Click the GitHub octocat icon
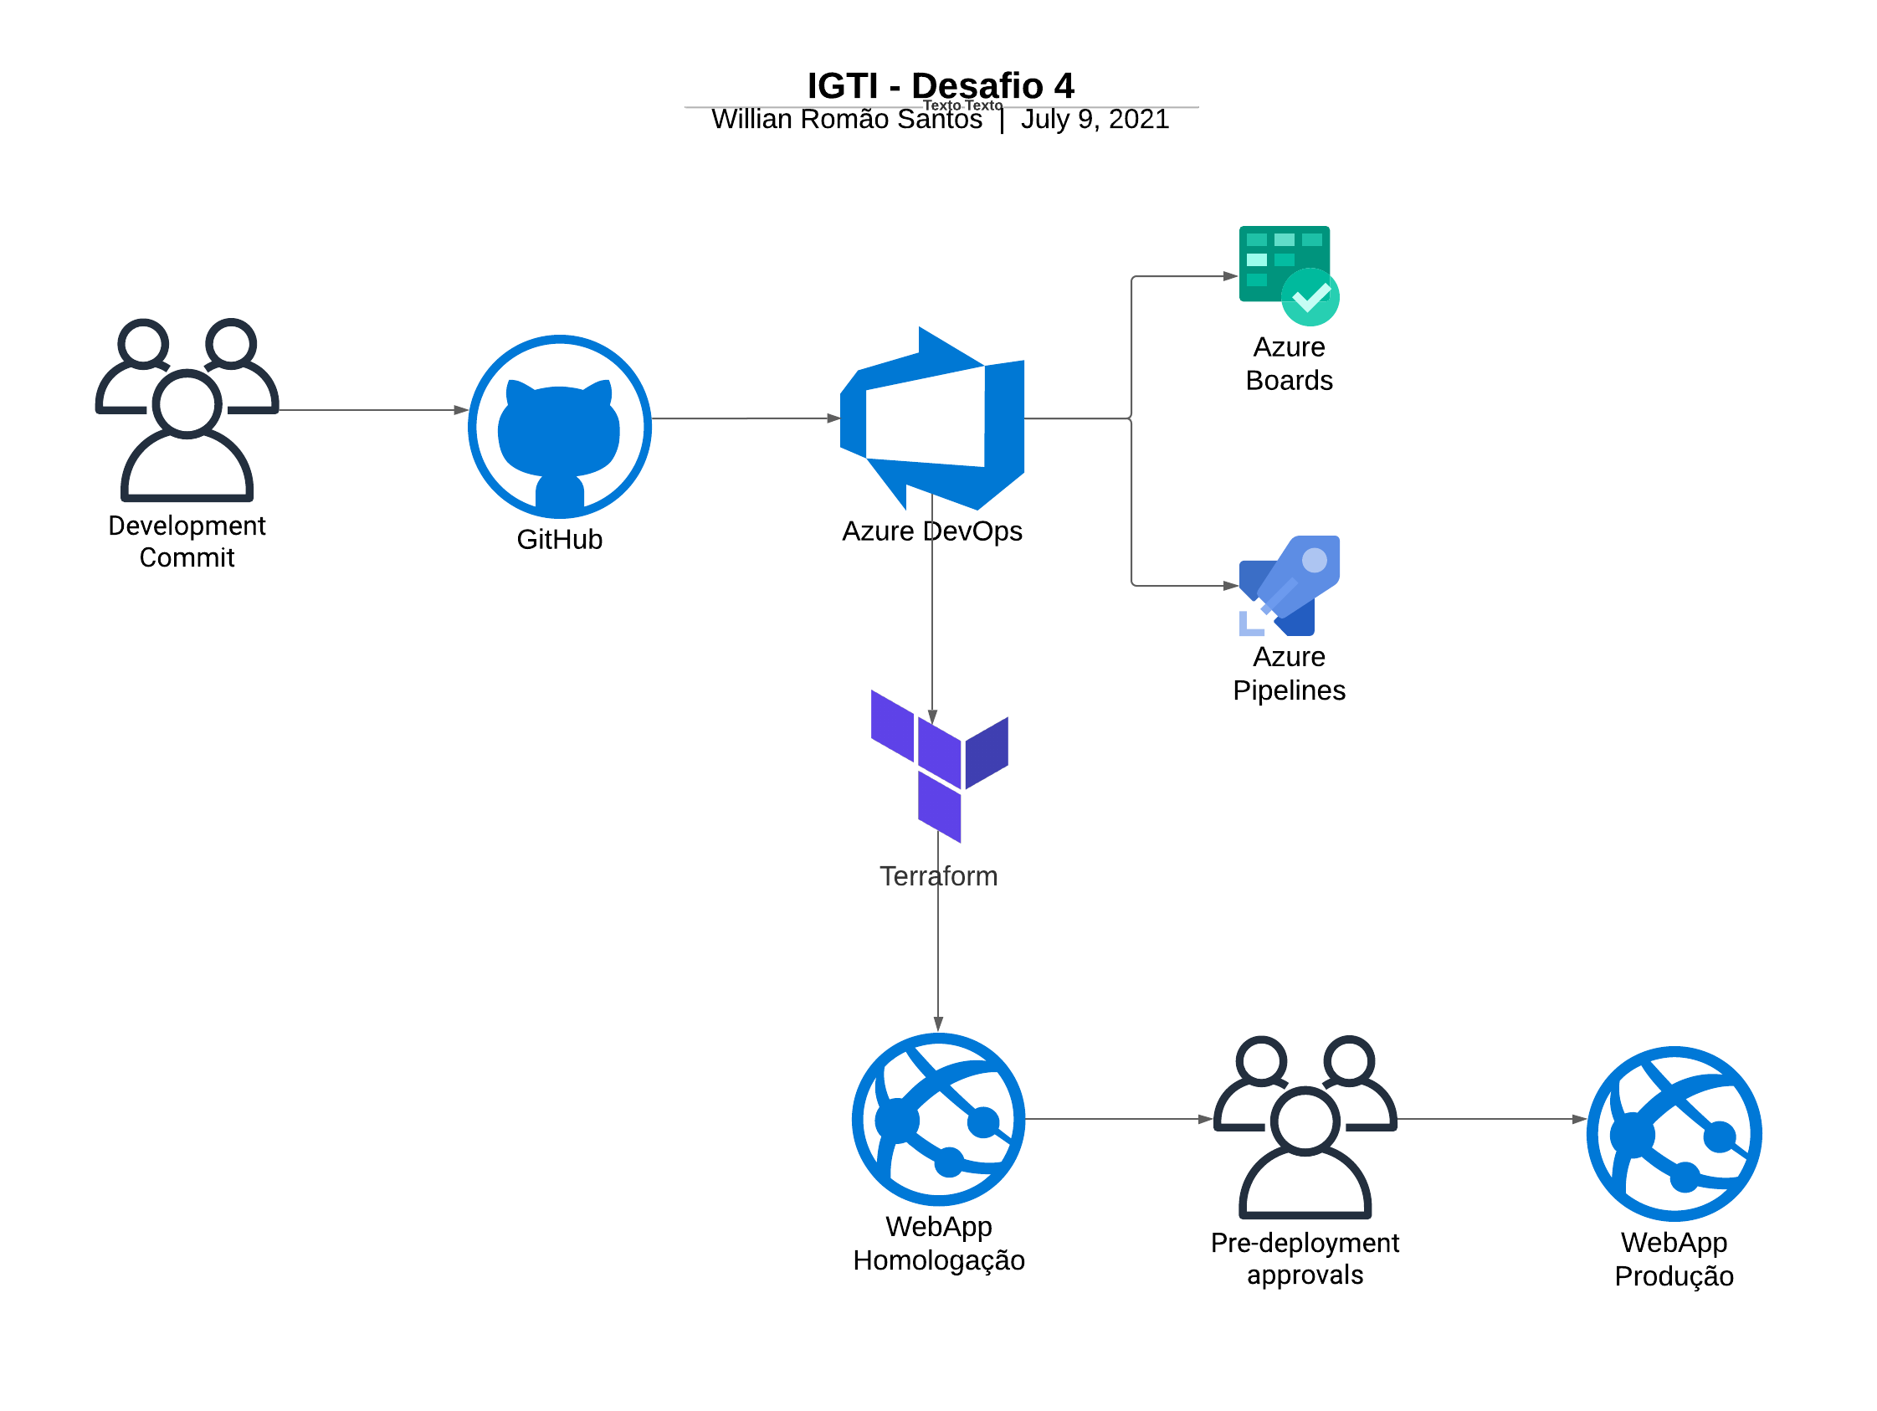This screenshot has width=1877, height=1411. tap(560, 427)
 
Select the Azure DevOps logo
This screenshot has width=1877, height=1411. tap(932, 419)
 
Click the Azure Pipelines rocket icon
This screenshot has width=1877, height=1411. tap(1290, 586)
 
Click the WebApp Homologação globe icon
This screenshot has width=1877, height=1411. tap(939, 1119)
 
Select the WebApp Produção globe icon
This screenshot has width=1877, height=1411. tap(1674, 1134)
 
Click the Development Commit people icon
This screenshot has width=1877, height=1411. tap(187, 411)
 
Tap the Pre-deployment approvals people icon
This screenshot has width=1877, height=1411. tap(1305, 1127)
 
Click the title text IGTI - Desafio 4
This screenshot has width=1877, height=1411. tap(941, 85)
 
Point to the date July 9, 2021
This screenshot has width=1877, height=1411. tap(1095, 120)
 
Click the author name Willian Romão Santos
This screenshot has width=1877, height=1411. tap(846, 120)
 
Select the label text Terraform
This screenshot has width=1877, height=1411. tap(939, 875)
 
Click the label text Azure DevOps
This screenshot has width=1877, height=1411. tap(931, 531)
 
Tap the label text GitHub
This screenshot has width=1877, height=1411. tap(560, 540)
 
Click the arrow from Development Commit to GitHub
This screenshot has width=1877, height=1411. tap(373, 411)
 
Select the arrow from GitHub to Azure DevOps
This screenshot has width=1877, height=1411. tap(745, 418)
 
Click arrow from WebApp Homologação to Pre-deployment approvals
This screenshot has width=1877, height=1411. tap(1118, 1119)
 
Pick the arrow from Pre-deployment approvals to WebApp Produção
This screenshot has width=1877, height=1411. tap(1492, 1119)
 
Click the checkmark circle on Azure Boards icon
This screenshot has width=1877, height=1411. tap(1310, 297)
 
